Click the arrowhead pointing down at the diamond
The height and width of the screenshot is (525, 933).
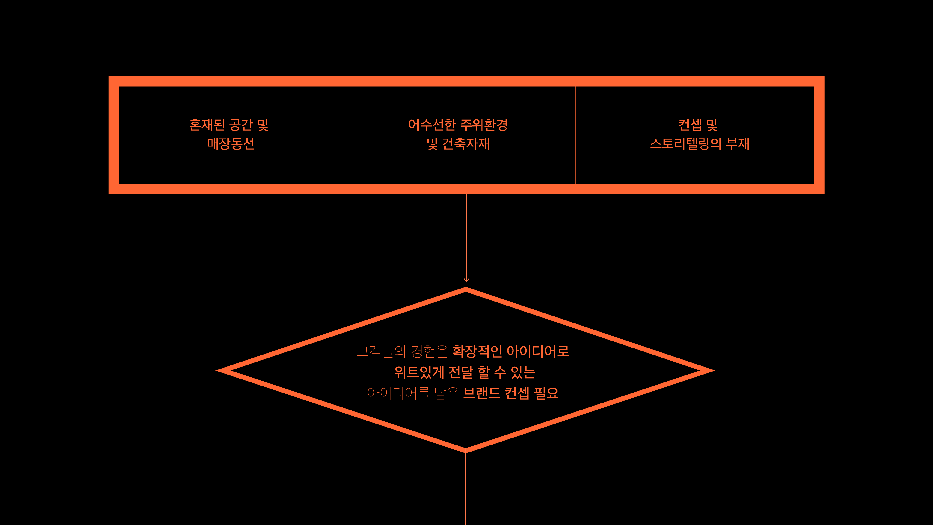(466, 279)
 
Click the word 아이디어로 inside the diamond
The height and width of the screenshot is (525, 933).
(538, 351)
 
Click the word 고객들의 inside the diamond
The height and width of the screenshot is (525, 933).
(380, 351)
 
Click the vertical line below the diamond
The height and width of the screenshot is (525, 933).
(466, 489)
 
